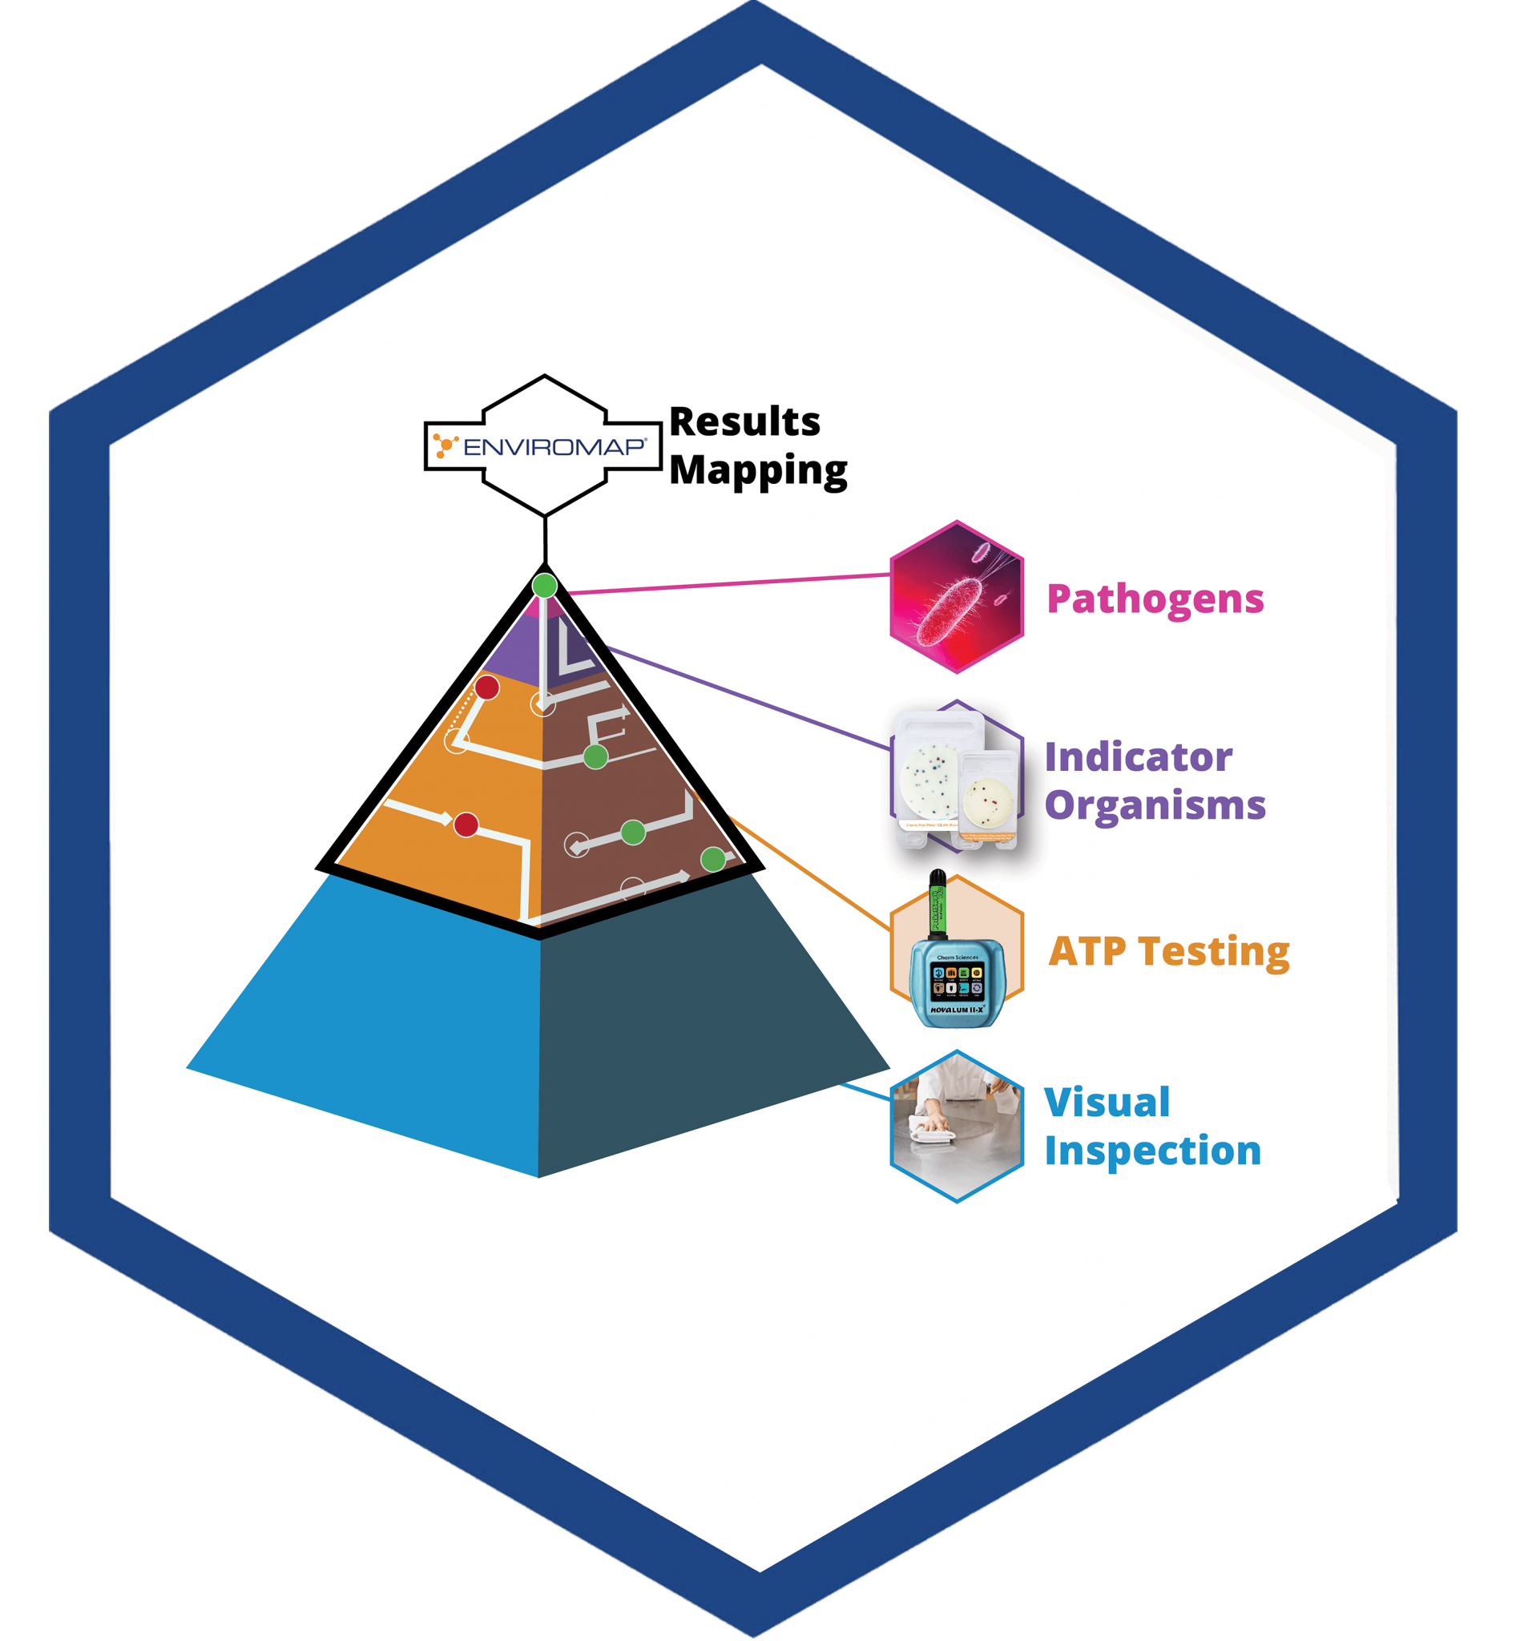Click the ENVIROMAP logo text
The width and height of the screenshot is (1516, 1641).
[x=554, y=447]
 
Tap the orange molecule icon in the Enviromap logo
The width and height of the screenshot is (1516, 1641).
[x=444, y=446]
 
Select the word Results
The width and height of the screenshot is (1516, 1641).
[x=745, y=422]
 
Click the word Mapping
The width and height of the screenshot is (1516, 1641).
[x=758, y=471]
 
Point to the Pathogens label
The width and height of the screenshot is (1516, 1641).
[x=1155, y=599]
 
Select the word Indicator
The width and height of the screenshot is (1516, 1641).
[x=1138, y=757]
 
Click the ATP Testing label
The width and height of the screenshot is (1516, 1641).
[x=1169, y=952]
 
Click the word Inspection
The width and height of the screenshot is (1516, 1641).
[x=1152, y=1151]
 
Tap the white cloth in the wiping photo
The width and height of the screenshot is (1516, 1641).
[x=935, y=1132]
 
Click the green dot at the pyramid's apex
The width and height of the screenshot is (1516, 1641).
[x=545, y=585]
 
